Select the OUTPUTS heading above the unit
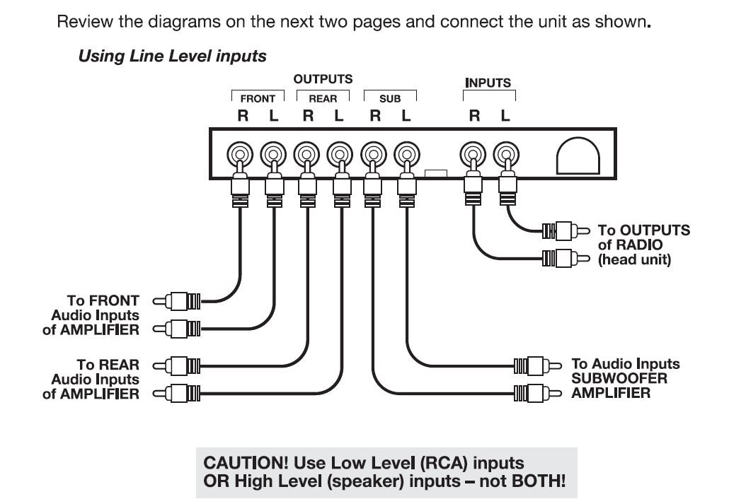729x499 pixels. coord(323,79)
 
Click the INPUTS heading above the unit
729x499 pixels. coord(488,83)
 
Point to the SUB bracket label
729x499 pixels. coord(390,99)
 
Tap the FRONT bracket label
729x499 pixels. coord(258,99)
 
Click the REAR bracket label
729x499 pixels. coord(323,99)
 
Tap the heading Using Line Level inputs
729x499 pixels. coord(172,57)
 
